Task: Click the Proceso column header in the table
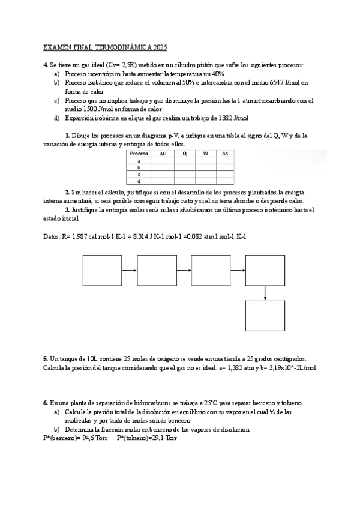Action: coord(139,154)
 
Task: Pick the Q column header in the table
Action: coord(184,154)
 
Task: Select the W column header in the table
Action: coord(205,154)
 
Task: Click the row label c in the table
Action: coord(139,174)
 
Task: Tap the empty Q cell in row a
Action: coord(184,161)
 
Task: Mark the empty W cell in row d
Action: coord(205,181)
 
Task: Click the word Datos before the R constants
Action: coord(52,236)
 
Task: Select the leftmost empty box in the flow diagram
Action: coord(102,271)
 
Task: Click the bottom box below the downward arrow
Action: coord(265,315)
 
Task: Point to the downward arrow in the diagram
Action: coord(265,293)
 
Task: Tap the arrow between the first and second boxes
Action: coord(129,271)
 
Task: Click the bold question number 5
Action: coord(46,357)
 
